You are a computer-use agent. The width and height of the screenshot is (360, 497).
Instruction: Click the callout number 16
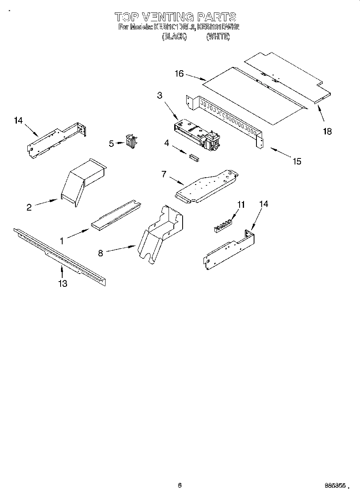(x=179, y=73)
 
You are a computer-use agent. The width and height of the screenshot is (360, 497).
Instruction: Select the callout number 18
(x=327, y=131)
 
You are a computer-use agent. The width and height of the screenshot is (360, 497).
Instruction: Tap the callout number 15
(x=297, y=161)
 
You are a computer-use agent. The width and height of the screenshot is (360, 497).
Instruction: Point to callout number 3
(x=160, y=95)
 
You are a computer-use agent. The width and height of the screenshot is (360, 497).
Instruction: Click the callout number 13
(x=62, y=284)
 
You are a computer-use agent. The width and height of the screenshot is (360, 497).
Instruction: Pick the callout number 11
(x=241, y=205)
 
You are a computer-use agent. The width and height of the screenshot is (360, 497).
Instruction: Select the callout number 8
(x=100, y=253)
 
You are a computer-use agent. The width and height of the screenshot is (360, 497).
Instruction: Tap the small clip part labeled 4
(x=194, y=158)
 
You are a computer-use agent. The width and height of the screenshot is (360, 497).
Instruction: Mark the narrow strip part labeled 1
(x=116, y=215)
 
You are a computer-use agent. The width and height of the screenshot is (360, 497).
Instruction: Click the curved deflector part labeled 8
(x=161, y=233)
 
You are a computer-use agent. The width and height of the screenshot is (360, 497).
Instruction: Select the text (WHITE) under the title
(x=218, y=36)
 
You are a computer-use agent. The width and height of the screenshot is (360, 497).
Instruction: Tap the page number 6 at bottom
(x=180, y=485)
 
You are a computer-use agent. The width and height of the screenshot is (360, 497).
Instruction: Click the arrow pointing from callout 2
(x=47, y=203)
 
